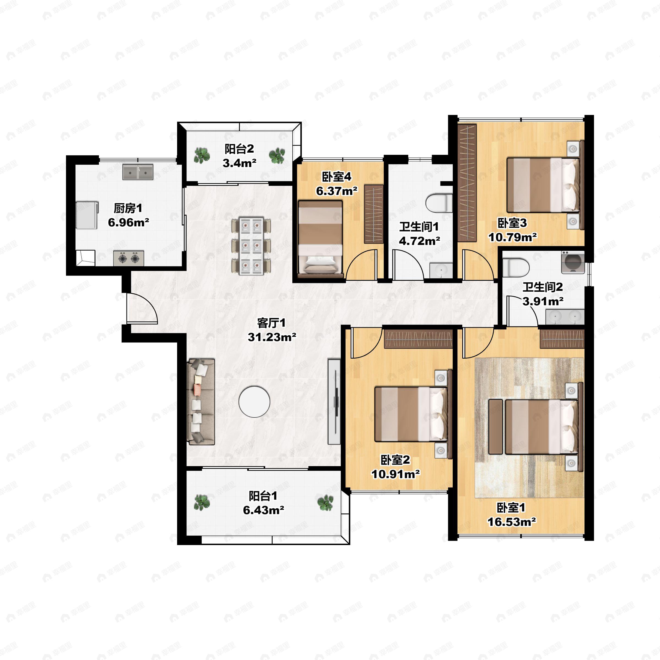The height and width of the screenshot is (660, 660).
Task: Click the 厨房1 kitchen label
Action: coord(128,208)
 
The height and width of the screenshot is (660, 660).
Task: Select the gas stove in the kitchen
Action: coord(128,258)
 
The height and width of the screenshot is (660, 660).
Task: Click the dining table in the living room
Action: coord(251,246)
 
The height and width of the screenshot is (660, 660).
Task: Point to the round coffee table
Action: coord(254,402)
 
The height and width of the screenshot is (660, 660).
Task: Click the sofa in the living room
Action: coord(201,402)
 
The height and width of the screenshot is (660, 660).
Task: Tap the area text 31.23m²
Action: coord(272,337)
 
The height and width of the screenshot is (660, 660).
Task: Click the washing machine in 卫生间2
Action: coord(573,262)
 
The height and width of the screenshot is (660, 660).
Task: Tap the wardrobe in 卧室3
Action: coord(467,183)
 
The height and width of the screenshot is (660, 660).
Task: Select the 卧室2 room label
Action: coord(395,460)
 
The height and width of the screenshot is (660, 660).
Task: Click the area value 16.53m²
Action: coord(512,522)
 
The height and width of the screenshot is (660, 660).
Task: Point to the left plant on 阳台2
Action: coord(202,155)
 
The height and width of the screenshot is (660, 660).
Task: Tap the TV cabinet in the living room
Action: coord(334,402)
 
